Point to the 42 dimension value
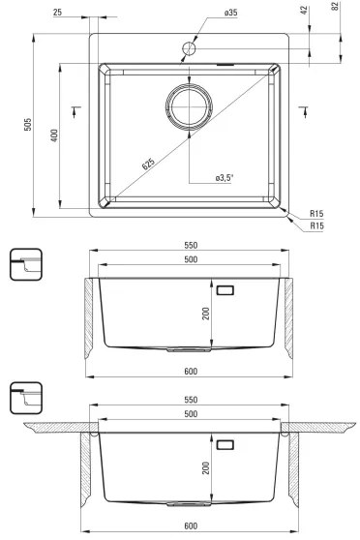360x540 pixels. (305, 12)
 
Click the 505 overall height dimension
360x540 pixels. (28, 127)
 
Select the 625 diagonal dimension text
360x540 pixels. (147, 165)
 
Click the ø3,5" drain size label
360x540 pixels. (225, 178)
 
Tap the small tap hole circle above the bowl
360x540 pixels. (189, 47)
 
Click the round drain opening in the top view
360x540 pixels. (189, 106)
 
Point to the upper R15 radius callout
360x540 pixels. (315, 213)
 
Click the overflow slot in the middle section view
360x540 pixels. (226, 288)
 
